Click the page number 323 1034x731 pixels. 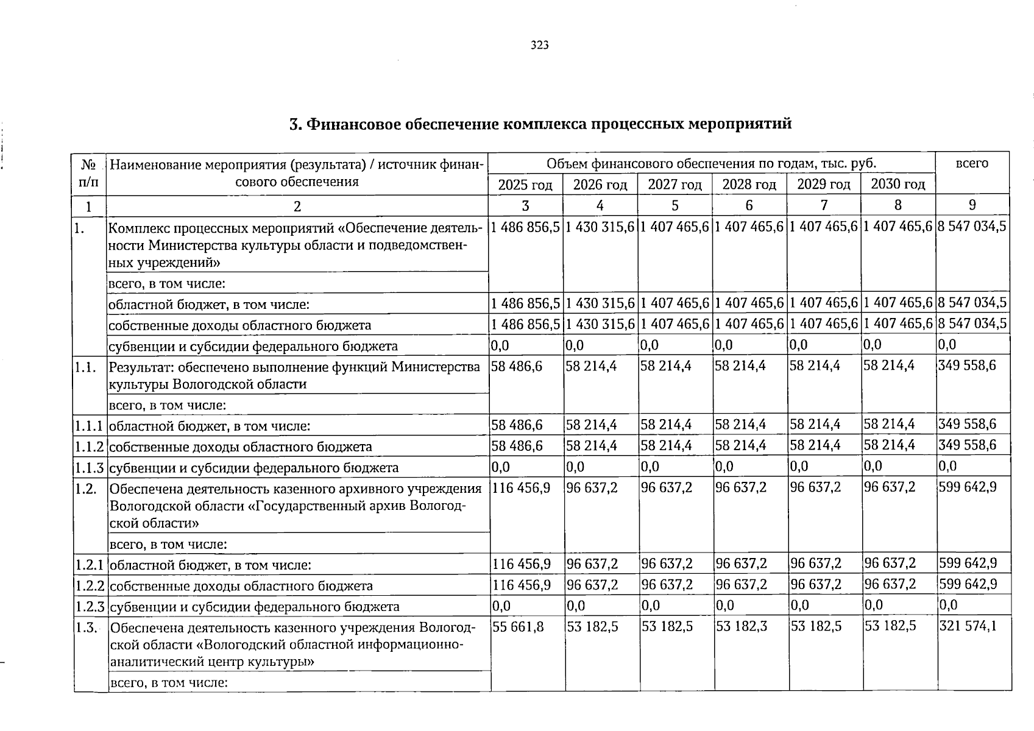coord(540,45)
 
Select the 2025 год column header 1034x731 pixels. coord(525,185)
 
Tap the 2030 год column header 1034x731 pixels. coord(898,184)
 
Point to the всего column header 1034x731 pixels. coord(972,163)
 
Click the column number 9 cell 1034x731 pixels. coord(972,205)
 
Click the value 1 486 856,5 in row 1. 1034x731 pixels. coord(525,227)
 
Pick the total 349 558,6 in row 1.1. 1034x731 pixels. coord(967,365)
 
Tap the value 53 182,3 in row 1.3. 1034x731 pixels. coord(741,626)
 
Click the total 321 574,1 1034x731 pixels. coord(968,626)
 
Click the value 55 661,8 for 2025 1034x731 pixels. coord(518,626)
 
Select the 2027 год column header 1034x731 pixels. coord(675,185)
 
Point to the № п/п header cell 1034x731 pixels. coord(89,173)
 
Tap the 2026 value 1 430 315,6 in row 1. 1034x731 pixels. coord(600,227)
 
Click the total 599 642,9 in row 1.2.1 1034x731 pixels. coord(968,563)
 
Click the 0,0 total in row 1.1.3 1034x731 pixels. coord(947,467)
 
